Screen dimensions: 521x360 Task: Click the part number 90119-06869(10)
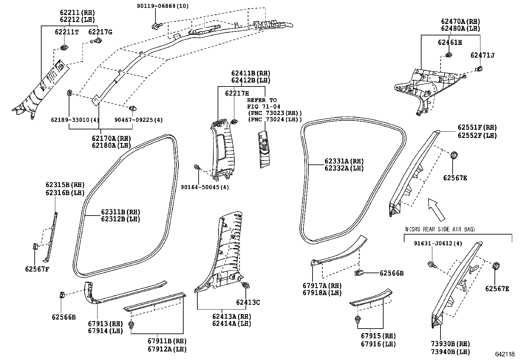point(163,6)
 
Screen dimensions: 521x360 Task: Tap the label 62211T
point(67,32)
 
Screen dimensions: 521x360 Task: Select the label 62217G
point(100,32)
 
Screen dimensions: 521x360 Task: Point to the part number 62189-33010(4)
point(75,120)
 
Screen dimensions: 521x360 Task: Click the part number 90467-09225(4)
point(138,120)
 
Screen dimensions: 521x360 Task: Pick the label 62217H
point(237,93)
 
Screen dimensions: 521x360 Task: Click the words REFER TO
point(262,100)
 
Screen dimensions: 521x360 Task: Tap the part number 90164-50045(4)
point(205,187)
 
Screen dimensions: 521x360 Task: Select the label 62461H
point(450,43)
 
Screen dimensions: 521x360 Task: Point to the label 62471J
point(482,55)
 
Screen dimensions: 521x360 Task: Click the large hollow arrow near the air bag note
point(436,209)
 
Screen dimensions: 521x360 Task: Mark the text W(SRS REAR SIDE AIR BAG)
point(440,229)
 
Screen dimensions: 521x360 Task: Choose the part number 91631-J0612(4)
point(438,244)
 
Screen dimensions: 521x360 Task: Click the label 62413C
point(248,302)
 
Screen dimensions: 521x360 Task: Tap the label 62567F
point(37,269)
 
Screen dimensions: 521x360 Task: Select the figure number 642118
point(505,354)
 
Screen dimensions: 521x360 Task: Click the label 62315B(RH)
point(65,185)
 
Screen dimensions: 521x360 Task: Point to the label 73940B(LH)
point(451,352)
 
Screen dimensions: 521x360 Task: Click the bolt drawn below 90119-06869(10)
point(155,26)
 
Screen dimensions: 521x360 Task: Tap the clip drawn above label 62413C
point(245,285)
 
